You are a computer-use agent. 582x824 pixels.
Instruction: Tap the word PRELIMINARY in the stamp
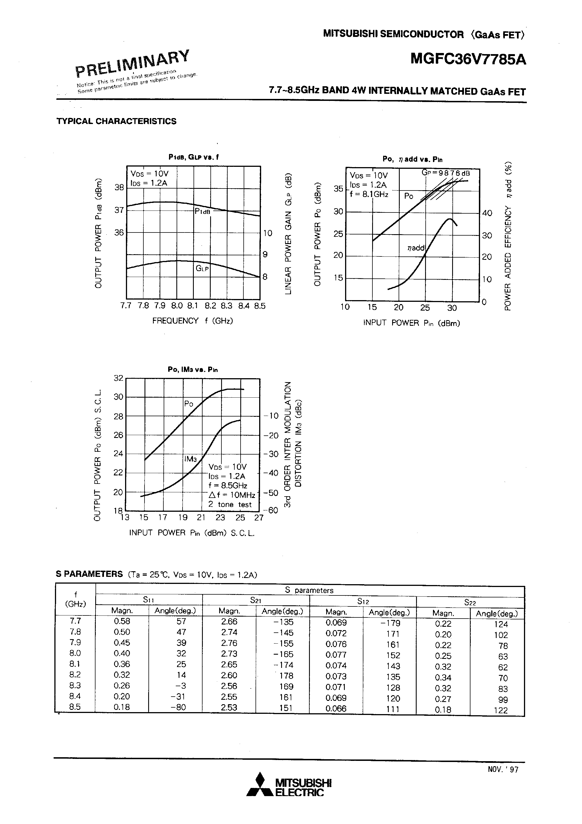point(132,63)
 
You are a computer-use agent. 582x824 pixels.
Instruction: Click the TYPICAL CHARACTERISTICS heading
point(116,121)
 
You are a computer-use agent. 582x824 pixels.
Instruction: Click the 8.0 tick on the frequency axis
point(177,306)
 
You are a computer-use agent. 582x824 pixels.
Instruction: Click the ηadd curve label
point(416,248)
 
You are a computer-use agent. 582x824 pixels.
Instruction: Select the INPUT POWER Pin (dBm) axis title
point(412,323)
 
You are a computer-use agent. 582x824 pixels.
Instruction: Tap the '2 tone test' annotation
point(230,504)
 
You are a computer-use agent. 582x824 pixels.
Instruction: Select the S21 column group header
point(256,600)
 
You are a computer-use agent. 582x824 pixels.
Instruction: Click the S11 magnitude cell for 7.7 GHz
point(122,621)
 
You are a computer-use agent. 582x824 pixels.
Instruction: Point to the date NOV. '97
point(503,769)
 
